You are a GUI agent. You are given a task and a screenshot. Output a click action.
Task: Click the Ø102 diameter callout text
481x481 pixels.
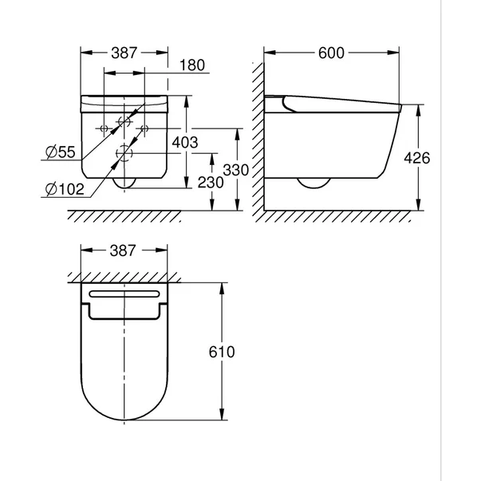(62, 188)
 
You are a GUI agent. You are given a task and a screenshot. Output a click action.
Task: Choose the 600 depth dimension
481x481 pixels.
(330, 53)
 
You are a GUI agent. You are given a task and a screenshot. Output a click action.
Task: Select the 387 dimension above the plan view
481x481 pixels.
(124, 250)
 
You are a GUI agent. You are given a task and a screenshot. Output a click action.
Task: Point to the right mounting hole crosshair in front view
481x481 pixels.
(144, 128)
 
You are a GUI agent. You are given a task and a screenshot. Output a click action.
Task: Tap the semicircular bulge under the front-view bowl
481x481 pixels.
(124, 183)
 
